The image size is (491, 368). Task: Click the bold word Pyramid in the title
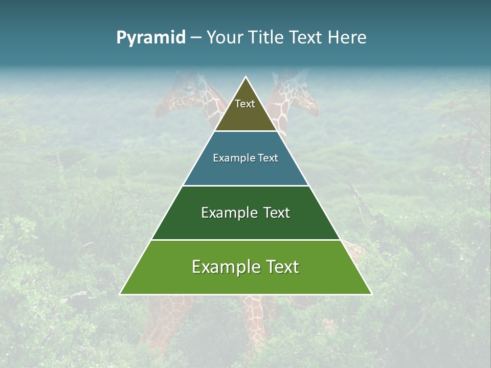click(150, 38)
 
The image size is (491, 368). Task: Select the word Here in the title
click(347, 37)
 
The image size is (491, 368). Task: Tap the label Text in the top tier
click(245, 104)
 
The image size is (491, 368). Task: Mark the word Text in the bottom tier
click(281, 267)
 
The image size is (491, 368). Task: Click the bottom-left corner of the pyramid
click(121, 294)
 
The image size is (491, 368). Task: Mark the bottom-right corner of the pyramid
click(371, 294)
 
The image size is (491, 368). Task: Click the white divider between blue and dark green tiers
click(245, 186)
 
